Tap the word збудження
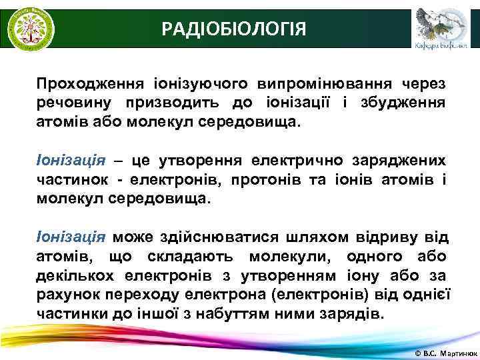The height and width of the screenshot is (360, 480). point(407,103)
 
